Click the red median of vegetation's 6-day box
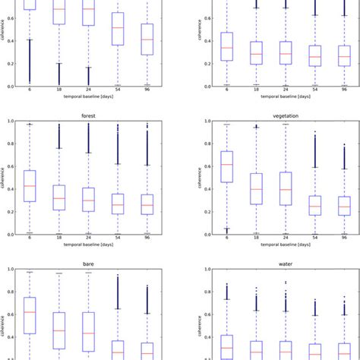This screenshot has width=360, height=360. [x=226, y=165]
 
